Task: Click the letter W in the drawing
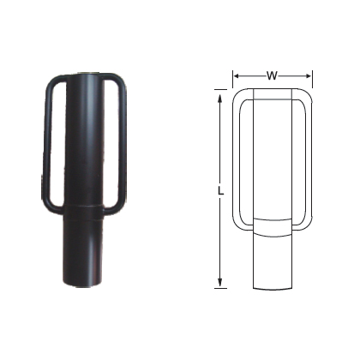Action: tap(271, 75)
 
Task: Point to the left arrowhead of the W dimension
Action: tap(237, 75)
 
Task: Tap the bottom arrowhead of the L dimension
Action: tap(221, 284)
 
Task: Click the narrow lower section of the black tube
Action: tap(83, 253)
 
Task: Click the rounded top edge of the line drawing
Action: tap(271, 89)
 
